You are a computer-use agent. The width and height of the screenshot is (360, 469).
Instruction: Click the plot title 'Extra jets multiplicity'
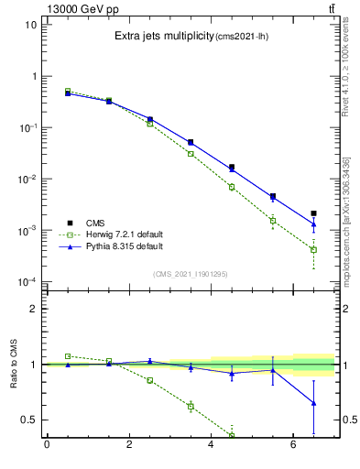click(x=163, y=37)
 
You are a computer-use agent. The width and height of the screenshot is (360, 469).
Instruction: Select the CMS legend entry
click(x=96, y=222)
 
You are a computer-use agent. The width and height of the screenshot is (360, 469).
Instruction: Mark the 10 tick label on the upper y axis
click(x=30, y=25)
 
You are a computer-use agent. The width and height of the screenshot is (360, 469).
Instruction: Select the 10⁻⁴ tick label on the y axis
click(x=27, y=281)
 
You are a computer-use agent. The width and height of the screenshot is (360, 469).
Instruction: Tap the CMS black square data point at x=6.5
click(x=313, y=213)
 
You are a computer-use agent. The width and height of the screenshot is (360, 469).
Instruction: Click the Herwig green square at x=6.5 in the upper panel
click(x=313, y=249)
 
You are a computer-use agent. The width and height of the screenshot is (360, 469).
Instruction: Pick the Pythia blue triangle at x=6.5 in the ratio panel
click(x=313, y=403)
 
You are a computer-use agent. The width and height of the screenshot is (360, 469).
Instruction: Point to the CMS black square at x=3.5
click(x=191, y=142)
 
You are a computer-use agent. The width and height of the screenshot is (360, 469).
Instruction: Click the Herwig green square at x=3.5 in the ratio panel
click(x=191, y=406)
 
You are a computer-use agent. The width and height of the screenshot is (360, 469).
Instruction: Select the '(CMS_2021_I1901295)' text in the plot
click(x=190, y=274)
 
